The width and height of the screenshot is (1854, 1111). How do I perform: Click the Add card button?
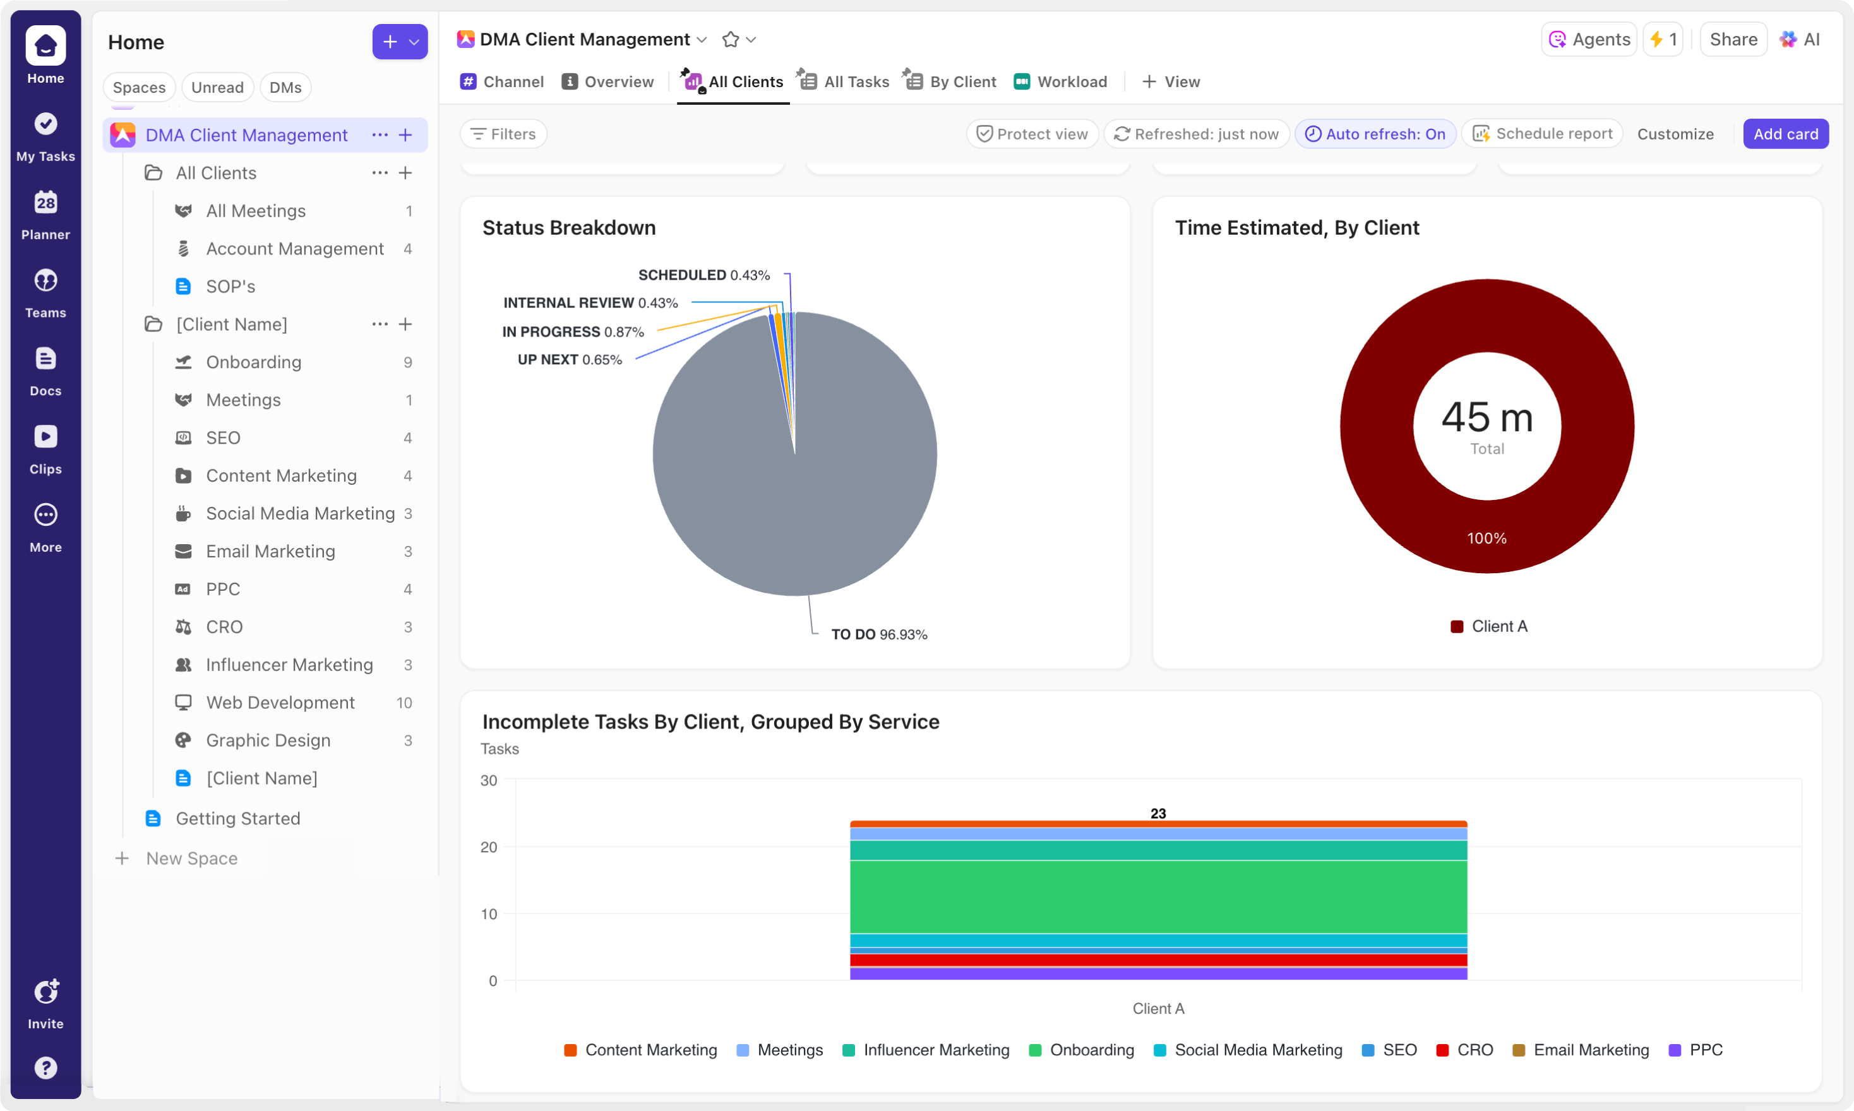coord(1785,134)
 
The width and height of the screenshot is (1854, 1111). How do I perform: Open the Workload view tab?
coord(1061,81)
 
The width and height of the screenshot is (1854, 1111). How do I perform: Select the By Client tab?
coord(951,81)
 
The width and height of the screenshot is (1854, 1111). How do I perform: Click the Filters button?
coord(503,134)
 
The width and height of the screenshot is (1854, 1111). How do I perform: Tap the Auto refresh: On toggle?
coord(1375,134)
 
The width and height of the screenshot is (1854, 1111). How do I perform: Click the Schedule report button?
coord(1543,134)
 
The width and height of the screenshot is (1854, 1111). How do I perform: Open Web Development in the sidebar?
coord(280,702)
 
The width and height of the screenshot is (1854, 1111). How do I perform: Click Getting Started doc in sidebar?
coord(237,818)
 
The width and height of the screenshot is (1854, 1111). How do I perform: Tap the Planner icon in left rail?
coord(45,213)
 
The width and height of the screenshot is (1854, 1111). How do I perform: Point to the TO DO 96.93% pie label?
coord(878,635)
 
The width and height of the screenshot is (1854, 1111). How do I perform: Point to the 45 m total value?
coord(1486,418)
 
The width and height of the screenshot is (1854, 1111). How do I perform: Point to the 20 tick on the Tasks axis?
coord(488,847)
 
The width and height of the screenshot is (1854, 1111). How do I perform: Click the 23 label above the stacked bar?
coord(1157,814)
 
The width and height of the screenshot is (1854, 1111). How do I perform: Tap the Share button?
coord(1733,40)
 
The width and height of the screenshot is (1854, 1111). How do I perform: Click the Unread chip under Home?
coord(217,88)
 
